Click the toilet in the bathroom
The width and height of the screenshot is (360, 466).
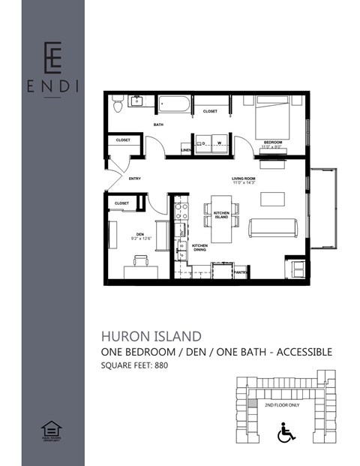tap(117, 104)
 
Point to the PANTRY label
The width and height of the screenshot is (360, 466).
tap(241, 272)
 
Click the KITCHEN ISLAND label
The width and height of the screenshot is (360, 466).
tap(221, 216)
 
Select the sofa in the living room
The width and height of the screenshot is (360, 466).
tap(273, 228)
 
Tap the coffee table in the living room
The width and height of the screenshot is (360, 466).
tap(271, 199)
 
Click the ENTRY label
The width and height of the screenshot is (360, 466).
tap(135, 179)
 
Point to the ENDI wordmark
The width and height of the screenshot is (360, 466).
tap(52, 84)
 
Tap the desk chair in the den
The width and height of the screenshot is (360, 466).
tap(141, 261)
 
